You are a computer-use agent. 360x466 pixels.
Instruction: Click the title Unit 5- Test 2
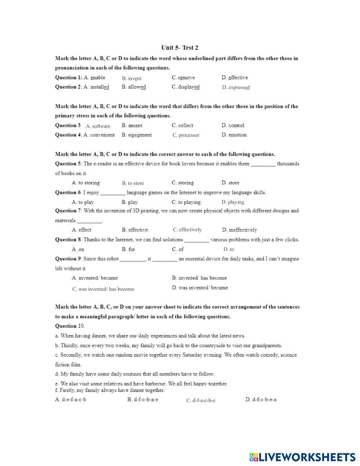pyautogui.click(x=180, y=48)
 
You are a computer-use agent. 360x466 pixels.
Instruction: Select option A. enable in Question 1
pyautogui.click(x=94, y=77)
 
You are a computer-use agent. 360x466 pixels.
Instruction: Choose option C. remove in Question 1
pyautogui.click(x=183, y=77)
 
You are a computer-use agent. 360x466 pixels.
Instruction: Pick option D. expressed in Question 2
pyautogui.click(x=236, y=87)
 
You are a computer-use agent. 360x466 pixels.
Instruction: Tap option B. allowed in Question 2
pyautogui.click(x=134, y=87)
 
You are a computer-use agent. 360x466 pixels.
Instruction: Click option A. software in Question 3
pyautogui.click(x=98, y=126)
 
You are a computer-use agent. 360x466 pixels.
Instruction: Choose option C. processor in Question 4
pyautogui.click(x=186, y=135)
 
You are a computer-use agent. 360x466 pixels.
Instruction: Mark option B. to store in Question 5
pyautogui.click(x=133, y=183)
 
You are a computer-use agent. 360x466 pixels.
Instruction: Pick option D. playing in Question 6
pyautogui.click(x=233, y=202)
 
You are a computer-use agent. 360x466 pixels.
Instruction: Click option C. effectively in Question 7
pyautogui.click(x=187, y=229)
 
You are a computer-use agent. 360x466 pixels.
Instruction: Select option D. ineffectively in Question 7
pyautogui.click(x=239, y=230)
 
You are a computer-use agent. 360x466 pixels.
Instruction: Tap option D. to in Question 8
pyautogui.click(x=229, y=249)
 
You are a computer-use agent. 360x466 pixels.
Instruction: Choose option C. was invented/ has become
pyautogui.click(x=103, y=289)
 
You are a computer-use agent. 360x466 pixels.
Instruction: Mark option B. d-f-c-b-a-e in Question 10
pyautogui.click(x=143, y=399)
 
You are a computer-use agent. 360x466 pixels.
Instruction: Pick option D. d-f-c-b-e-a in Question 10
pyautogui.click(x=261, y=399)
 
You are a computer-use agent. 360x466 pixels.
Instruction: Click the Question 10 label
pyautogui.click(x=70, y=326)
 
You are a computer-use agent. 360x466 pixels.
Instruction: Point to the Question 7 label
pyautogui.click(x=68, y=211)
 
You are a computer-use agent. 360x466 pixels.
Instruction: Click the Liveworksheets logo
pyautogui.click(x=302, y=457)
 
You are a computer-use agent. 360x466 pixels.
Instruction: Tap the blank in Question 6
pyautogui.click(x=113, y=193)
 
